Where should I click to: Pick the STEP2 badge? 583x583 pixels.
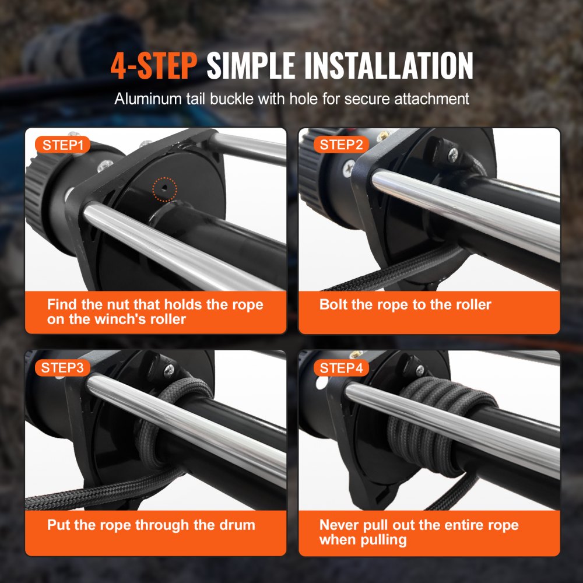coord(342,145)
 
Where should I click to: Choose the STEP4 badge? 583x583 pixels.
coord(342,368)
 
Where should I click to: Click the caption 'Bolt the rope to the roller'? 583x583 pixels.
coord(405,304)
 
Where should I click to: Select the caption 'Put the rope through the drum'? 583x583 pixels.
coord(151,525)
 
